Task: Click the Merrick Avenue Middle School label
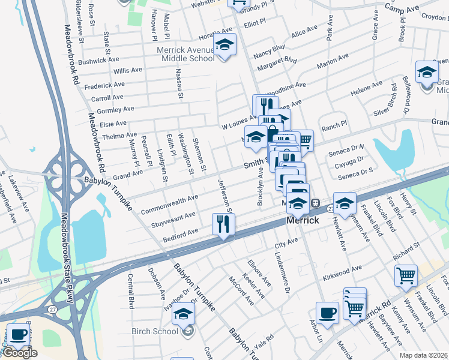pyautogui.click(x=186, y=54)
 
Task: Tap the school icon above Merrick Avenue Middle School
pyautogui.click(x=225, y=45)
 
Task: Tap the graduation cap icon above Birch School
pyautogui.click(x=184, y=314)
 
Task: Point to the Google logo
pyautogui.click(x=20, y=353)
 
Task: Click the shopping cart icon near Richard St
pyautogui.click(x=406, y=276)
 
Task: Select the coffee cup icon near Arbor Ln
pyautogui.click(x=327, y=313)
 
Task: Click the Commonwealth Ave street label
pyautogui.click(x=169, y=205)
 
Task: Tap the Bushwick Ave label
pyautogui.click(x=100, y=61)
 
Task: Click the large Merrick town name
pyautogui.click(x=302, y=220)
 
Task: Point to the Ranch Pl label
pyautogui.click(x=334, y=127)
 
